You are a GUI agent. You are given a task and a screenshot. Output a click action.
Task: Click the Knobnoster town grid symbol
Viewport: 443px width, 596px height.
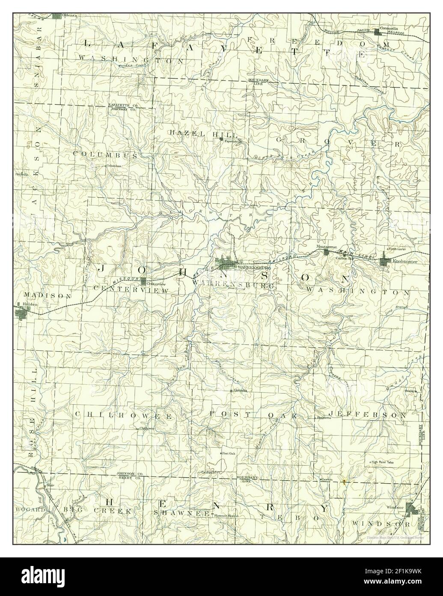[384, 261]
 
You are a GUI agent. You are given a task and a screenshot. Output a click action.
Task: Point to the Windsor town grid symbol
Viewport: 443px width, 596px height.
[412, 509]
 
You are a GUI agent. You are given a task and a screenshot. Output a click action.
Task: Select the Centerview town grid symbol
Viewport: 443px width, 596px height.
[144, 281]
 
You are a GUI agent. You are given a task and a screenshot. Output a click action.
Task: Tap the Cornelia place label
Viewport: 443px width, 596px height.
[241, 391]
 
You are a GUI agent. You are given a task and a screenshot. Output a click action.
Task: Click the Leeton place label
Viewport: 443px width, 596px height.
[328, 479]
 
